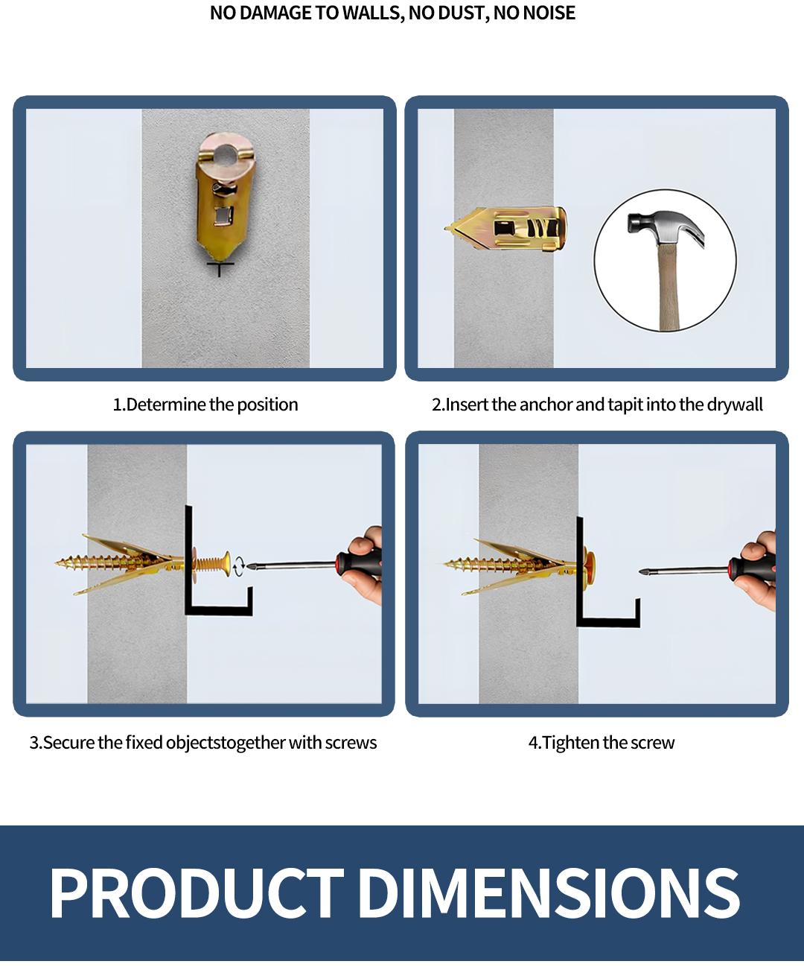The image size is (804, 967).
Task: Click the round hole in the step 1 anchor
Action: pos(226,154)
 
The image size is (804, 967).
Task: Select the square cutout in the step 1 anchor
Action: pos(223,216)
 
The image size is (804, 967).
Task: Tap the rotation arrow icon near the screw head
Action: pos(239,566)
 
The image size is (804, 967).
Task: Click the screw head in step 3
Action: pos(226,563)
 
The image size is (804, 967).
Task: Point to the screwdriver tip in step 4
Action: pos(642,572)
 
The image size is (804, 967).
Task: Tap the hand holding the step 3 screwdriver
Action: pos(366,565)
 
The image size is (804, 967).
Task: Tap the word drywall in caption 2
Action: pos(735,405)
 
